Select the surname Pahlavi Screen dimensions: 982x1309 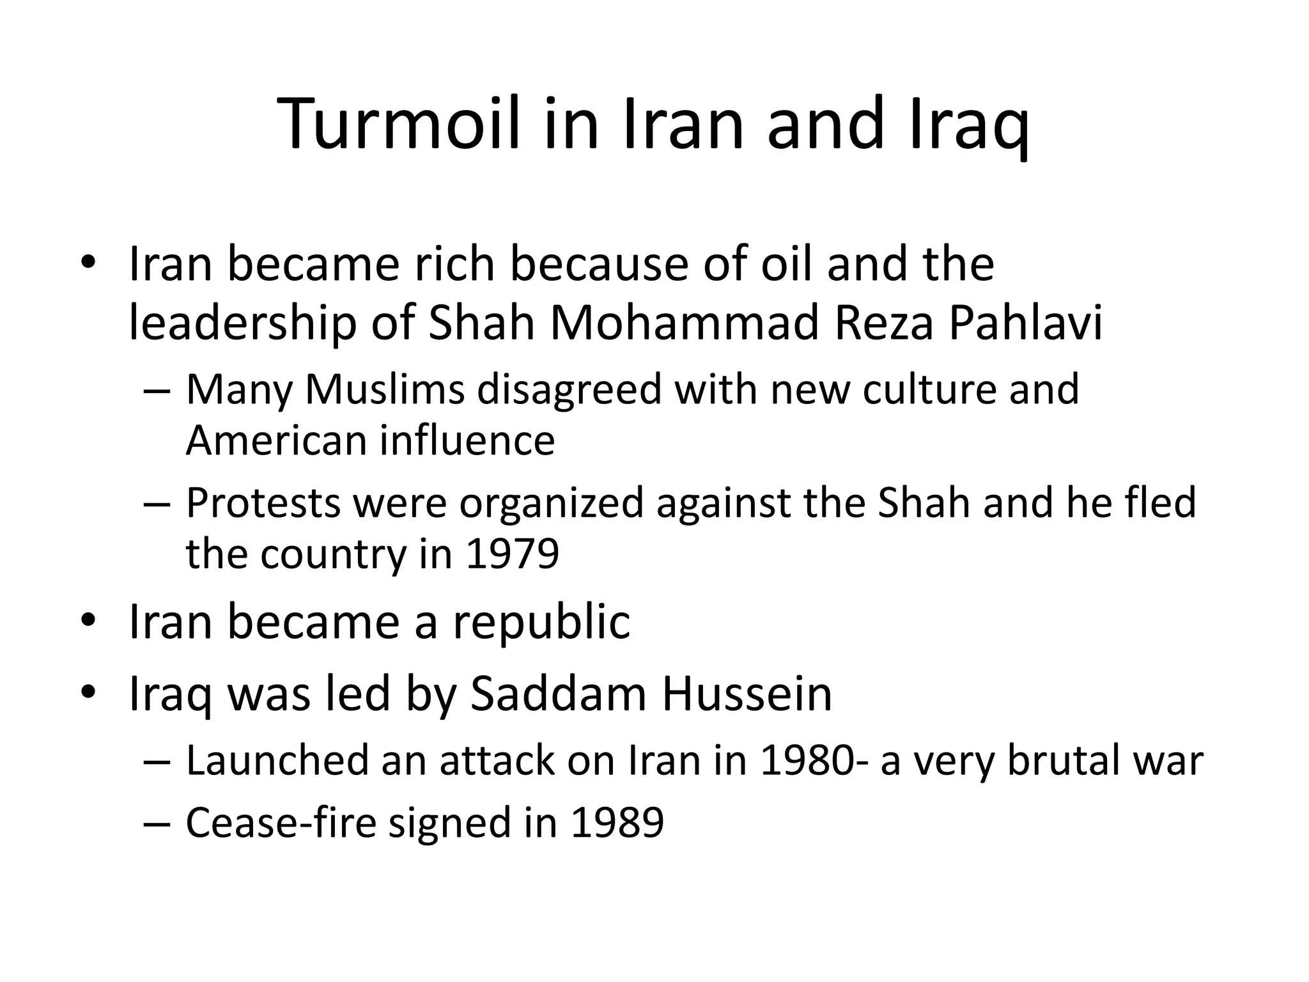coord(1025,323)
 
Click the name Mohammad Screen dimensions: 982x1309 coord(683,323)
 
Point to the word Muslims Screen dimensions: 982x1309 coord(385,389)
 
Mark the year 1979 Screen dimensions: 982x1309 coord(512,554)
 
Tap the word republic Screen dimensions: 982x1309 coord(541,622)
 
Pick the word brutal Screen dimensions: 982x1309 coord(1059,761)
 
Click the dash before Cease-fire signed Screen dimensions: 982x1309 coord(157,824)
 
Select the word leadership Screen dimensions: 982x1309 coord(242,323)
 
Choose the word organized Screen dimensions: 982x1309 coord(550,503)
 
